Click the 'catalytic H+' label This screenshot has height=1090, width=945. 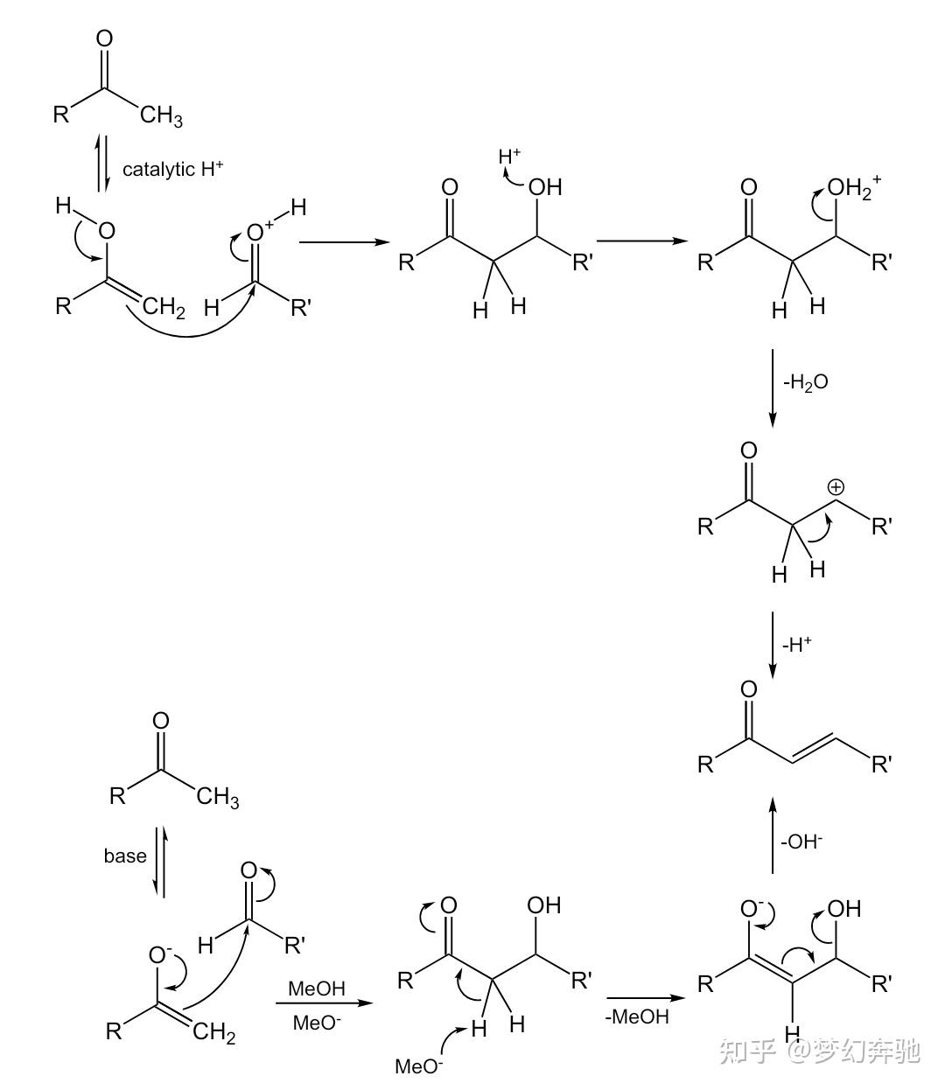click(x=172, y=169)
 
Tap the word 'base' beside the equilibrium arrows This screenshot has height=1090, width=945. click(x=125, y=856)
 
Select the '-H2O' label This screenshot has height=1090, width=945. click(x=805, y=382)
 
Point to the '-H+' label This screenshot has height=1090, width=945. click(x=796, y=645)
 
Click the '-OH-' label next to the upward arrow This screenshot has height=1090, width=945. click(x=801, y=842)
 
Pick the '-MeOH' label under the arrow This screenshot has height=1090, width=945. click(x=636, y=1017)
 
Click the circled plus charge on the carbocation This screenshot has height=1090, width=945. click(x=836, y=486)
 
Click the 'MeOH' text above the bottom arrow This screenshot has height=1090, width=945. click(x=317, y=989)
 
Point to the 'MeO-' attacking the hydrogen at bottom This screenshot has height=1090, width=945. click(x=419, y=1066)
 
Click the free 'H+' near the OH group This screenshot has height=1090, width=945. click(x=509, y=157)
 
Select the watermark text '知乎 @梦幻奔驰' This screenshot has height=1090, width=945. click(x=819, y=1050)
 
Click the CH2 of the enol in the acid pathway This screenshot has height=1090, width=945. click(x=164, y=307)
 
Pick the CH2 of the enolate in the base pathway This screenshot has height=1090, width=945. click(x=214, y=1033)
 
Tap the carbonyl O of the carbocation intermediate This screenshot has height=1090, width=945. click(x=749, y=451)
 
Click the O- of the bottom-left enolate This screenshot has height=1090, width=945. click(x=161, y=954)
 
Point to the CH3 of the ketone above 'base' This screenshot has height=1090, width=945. click(x=217, y=797)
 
